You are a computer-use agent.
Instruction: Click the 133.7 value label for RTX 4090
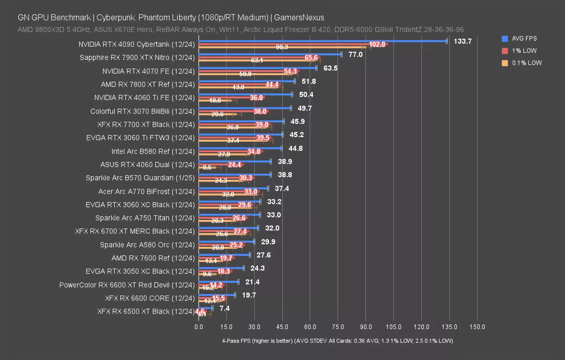(462, 41)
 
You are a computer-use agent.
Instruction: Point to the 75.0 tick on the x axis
(338, 327)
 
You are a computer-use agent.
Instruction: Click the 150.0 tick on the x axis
(477, 327)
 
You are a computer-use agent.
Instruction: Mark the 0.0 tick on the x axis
(199, 327)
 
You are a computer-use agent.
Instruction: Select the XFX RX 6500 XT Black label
(146, 311)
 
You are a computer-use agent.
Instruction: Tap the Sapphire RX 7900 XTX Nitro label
(137, 58)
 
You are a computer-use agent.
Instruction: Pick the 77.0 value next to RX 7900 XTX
(355, 54)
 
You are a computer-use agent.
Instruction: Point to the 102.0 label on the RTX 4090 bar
(377, 44)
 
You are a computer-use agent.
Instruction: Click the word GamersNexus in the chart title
(299, 18)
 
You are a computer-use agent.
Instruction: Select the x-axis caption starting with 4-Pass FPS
(337, 341)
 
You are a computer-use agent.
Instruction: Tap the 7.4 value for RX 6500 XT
(224, 308)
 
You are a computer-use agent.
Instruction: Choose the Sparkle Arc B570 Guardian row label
(140, 178)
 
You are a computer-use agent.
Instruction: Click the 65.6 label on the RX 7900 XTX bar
(311, 58)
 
